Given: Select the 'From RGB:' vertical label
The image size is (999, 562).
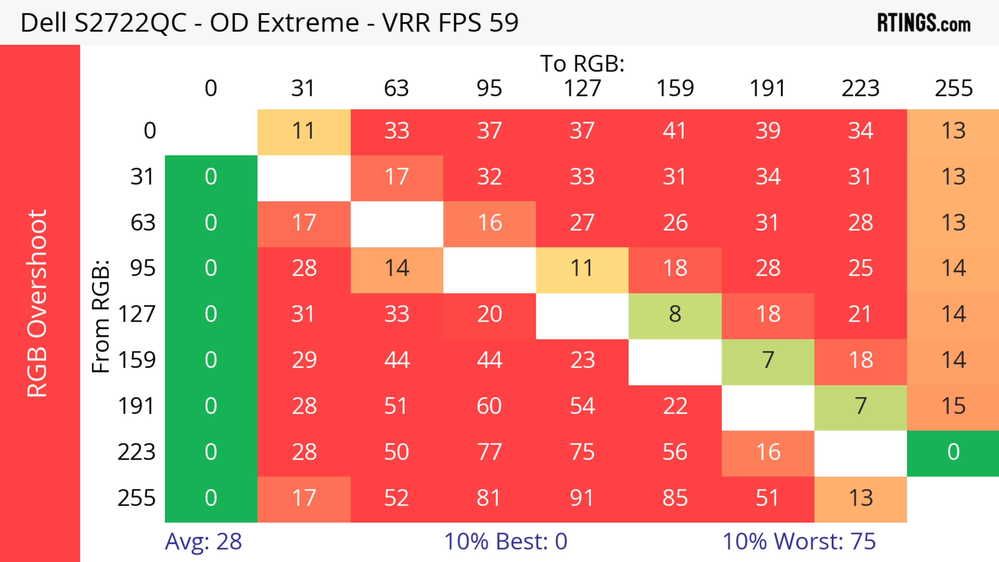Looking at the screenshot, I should tap(101, 316).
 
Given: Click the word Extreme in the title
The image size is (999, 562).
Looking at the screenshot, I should tap(308, 23).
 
